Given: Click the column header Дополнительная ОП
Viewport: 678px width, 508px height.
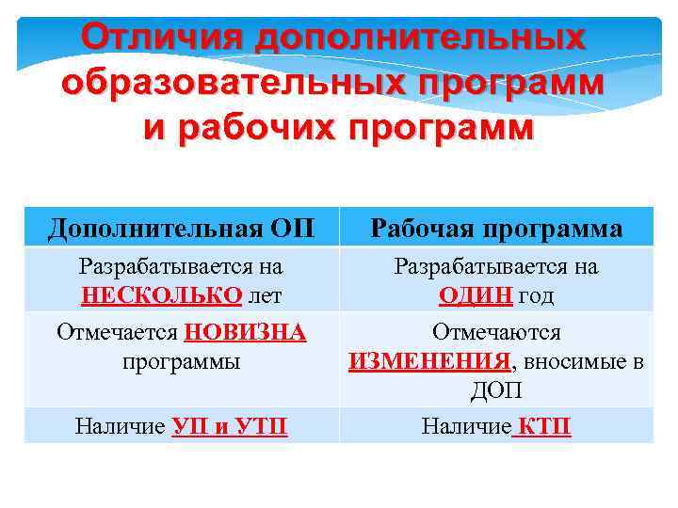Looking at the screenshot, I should pyautogui.click(x=181, y=228).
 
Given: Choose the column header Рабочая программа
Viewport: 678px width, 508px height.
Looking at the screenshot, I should pyautogui.click(x=496, y=228).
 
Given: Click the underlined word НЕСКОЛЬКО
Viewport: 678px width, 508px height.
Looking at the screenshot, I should pyautogui.click(x=162, y=296).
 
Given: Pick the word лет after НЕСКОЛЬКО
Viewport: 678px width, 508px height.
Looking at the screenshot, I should pyautogui.click(x=264, y=296).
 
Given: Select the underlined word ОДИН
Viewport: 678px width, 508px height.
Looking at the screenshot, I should pyautogui.click(x=476, y=296).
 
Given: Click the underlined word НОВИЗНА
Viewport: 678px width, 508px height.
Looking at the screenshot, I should pyautogui.click(x=246, y=333).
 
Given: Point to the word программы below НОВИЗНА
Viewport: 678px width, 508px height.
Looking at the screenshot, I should pyautogui.click(x=181, y=361).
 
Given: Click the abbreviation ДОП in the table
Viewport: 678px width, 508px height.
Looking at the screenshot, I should pyautogui.click(x=496, y=389).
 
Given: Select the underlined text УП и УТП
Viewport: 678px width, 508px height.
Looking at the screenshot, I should pyautogui.click(x=230, y=427).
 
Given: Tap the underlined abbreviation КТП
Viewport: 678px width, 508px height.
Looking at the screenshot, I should pyautogui.click(x=542, y=427).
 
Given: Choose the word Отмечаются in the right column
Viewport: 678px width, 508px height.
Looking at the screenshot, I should pyautogui.click(x=496, y=333).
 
